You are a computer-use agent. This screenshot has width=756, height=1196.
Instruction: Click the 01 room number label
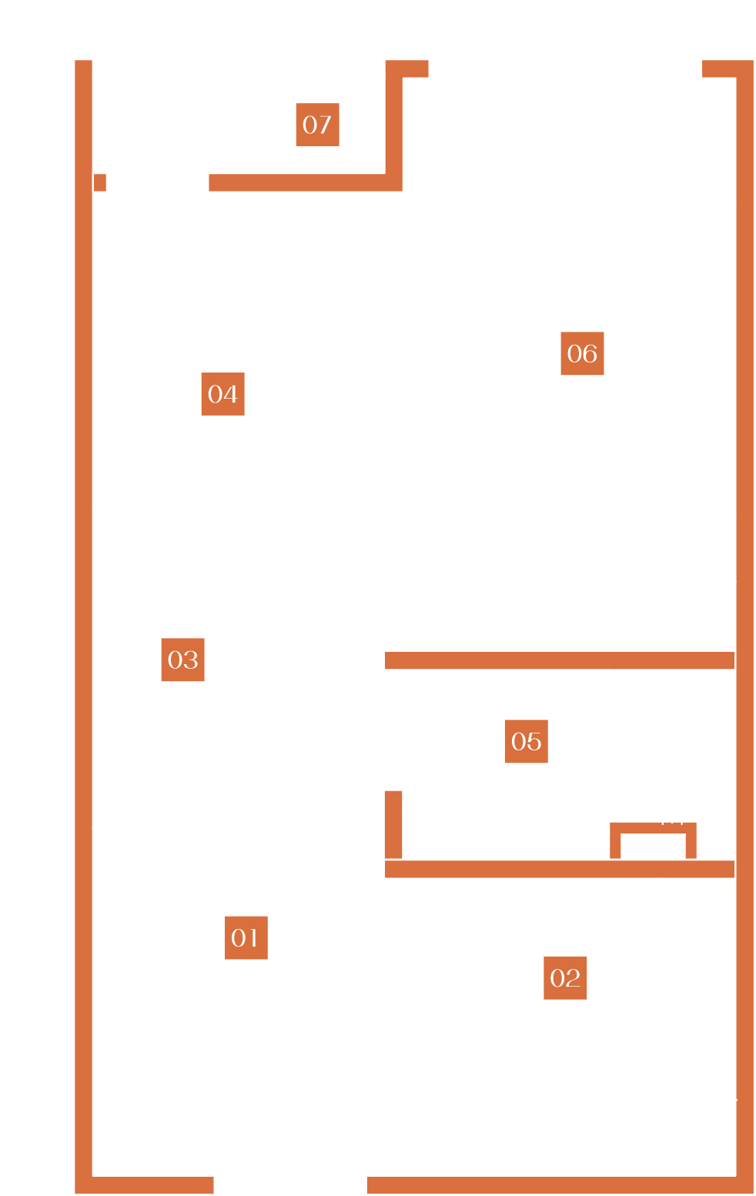pos(246,937)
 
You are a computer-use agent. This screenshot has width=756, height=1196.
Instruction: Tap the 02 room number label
pos(565,977)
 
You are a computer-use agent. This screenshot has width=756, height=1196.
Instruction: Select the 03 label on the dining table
pos(182,660)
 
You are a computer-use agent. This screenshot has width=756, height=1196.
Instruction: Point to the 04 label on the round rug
pos(222,394)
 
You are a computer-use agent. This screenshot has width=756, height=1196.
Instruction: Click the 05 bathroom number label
pos(526,741)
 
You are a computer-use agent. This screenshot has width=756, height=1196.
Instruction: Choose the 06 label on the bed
pos(582,353)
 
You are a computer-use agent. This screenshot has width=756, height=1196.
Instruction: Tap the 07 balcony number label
pos(317,125)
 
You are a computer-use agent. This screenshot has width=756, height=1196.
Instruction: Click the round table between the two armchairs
pos(569,124)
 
